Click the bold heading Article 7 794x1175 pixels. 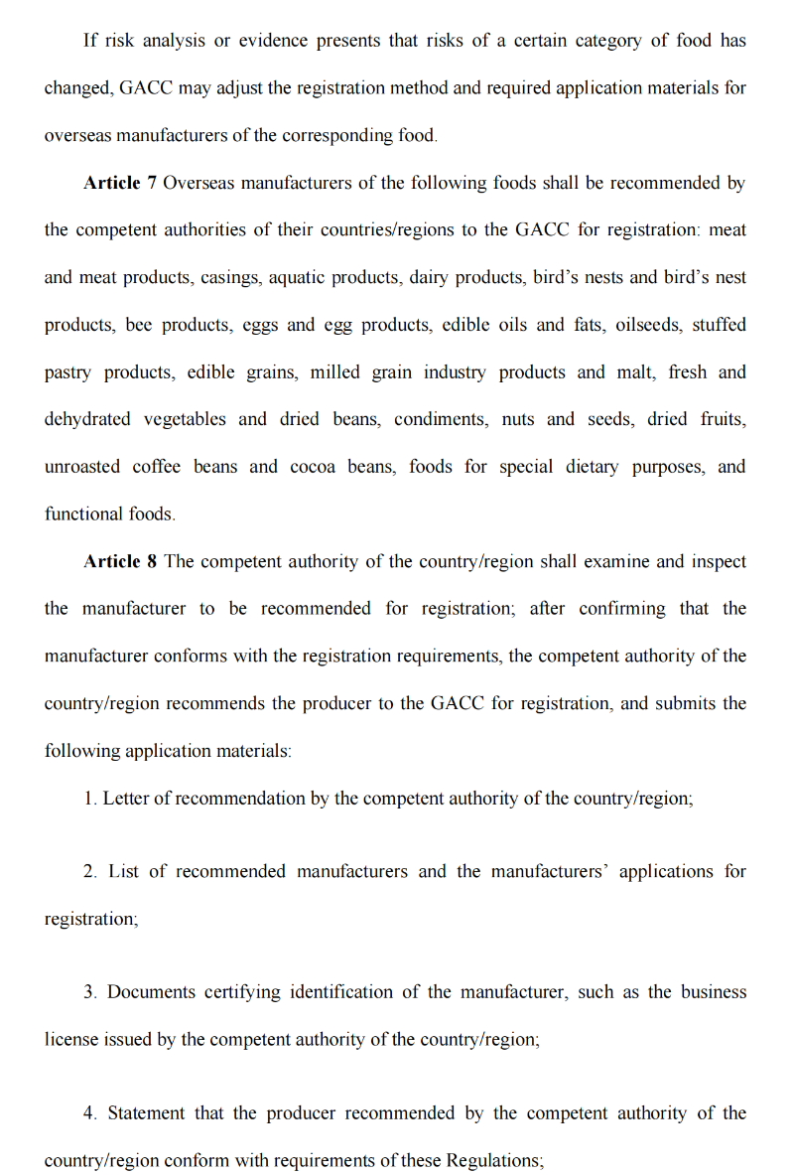[x=120, y=183]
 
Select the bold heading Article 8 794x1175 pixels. [x=120, y=561]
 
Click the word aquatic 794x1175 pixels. [x=299, y=277]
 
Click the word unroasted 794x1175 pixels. [x=83, y=467]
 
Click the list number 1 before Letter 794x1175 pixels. [x=88, y=799]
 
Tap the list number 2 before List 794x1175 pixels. [x=89, y=871]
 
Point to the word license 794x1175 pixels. [x=70, y=1040]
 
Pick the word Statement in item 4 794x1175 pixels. [x=147, y=1113]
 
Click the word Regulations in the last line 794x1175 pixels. [x=492, y=1161]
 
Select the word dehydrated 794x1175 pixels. [x=87, y=419]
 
